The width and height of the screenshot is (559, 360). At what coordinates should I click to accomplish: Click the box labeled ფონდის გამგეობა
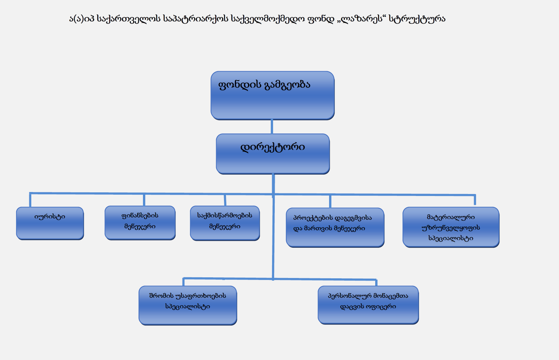[272, 95]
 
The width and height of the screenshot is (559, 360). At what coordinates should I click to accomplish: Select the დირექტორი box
[273, 153]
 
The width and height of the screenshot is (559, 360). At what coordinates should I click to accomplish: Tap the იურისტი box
[50, 223]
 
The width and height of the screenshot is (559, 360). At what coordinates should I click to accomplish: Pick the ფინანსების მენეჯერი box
[140, 223]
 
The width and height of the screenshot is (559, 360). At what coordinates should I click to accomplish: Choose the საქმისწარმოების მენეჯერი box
[225, 223]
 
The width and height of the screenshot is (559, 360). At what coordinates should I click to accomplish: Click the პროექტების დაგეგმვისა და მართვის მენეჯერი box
[335, 227]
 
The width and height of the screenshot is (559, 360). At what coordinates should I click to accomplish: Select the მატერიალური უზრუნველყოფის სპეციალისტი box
[451, 227]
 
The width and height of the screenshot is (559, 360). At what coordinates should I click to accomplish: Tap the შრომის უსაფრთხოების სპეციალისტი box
[188, 305]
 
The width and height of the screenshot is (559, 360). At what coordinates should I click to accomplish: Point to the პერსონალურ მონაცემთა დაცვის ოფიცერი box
[368, 305]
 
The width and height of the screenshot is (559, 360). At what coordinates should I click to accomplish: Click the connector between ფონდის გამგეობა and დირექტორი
[272, 126]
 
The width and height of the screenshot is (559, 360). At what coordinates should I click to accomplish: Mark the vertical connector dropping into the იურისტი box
[30, 200]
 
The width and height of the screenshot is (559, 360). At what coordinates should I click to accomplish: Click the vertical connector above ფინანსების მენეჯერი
[144, 200]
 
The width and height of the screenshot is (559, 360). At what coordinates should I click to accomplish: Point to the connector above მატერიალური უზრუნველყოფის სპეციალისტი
[475, 200]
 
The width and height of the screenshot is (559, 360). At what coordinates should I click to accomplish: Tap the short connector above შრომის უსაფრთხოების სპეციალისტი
[183, 282]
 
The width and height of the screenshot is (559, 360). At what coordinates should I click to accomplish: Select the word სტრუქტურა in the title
[417, 19]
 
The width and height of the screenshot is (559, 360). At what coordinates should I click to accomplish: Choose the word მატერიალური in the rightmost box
[451, 217]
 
